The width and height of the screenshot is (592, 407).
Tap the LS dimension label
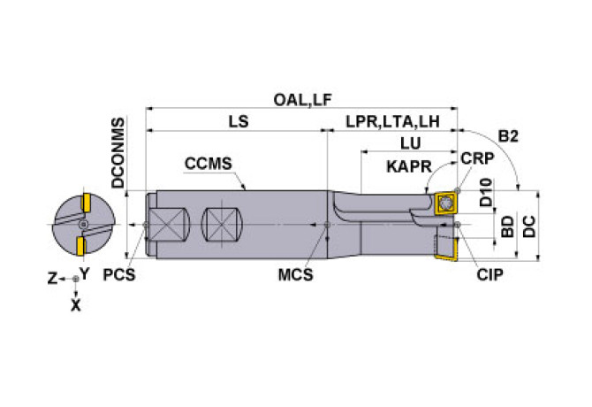[238, 123]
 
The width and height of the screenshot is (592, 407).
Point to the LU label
[409, 142]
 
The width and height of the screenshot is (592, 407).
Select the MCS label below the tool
[296, 275]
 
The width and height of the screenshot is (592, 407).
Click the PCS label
[119, 275]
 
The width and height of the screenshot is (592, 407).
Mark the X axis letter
[76, 304]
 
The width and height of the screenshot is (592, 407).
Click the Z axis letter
[52, 278]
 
